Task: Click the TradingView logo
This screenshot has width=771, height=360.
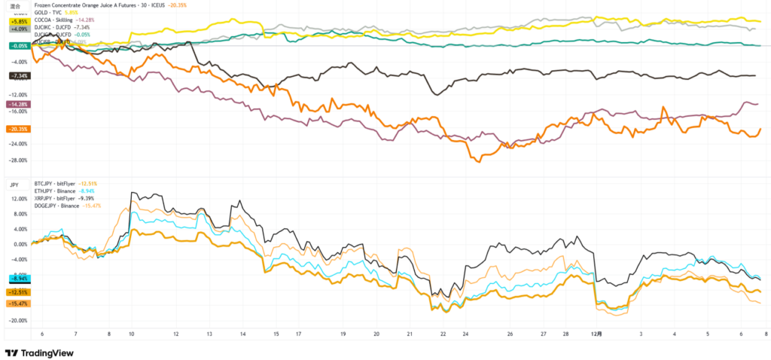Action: (36, 352)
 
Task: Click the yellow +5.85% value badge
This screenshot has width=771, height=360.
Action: (18, 22)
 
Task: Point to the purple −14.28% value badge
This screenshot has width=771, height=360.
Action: (18, 103)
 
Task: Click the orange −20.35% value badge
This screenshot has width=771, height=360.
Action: (18, 129)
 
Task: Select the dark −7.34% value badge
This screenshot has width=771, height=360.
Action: (18, 76)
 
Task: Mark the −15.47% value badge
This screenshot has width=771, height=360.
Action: (18, 303)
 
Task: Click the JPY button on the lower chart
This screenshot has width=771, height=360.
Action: (14, 184)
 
